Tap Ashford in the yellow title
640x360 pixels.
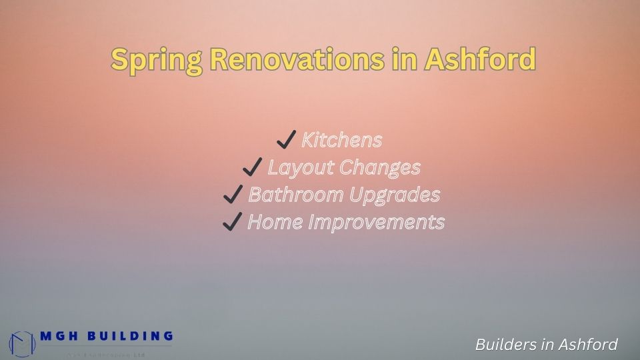click(x=479, y=60)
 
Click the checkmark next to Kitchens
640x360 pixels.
click(x=286, y=140)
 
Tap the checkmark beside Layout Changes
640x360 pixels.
click(x=252, y=167)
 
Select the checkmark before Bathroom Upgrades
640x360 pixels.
click(x=233, y=194)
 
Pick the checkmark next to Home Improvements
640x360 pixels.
click(x=231, y=221)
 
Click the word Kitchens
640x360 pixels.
click(x=342, y=140)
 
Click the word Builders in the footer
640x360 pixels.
click(x=505, y=345)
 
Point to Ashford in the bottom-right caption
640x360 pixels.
click(x=586, y=345)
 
